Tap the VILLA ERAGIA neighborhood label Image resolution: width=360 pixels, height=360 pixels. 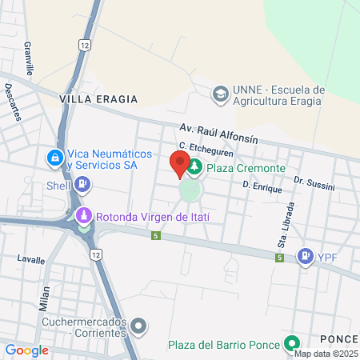[98, 99]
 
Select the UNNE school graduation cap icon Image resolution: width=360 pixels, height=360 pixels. [218, 95]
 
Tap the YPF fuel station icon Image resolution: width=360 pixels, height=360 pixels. [305, 257]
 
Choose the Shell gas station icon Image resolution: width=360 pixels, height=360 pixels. [82, 185]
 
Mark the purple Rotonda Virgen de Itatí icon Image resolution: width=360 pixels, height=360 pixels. [84, 216]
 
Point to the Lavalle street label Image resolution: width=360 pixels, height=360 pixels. [31, 259]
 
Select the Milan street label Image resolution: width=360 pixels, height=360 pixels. [46, 298]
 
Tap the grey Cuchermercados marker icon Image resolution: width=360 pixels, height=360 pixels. [140, 326]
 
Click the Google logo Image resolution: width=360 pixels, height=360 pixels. [27, 350]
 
